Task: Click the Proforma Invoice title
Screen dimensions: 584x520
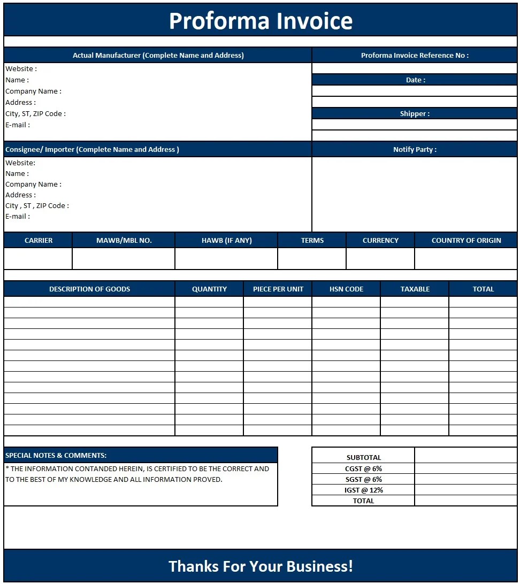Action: click(261, 21)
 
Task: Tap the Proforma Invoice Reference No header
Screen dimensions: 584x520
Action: click(415, 55)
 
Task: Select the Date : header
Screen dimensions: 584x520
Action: click(415, 80)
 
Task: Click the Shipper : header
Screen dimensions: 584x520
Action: click(415, 113)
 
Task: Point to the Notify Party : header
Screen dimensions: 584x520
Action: click(415, 149)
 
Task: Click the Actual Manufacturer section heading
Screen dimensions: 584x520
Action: click(158, 55)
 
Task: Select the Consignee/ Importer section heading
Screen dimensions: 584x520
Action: click(92, 149)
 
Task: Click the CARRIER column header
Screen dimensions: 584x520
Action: click(39, 240)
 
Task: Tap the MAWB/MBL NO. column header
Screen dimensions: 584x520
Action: click(124, 240)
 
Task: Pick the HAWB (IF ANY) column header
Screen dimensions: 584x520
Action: click(226, 240)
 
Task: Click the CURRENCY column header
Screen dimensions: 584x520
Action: click(380, 240)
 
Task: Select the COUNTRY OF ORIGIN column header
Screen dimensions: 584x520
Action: click(466, 240)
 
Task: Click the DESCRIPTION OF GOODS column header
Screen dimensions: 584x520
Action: click(89, 289)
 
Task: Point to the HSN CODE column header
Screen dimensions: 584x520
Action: click(346, 289)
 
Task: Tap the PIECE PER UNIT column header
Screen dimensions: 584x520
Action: click(278, 289)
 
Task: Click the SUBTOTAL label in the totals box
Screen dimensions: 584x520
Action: click(364, 457)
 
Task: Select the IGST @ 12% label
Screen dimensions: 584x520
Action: click(364, 490)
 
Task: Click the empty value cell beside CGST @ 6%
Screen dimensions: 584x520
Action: click(465, 468)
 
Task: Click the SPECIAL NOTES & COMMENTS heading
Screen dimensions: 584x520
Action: click(56, 455)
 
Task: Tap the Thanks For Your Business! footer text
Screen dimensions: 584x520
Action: click(261, 566)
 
